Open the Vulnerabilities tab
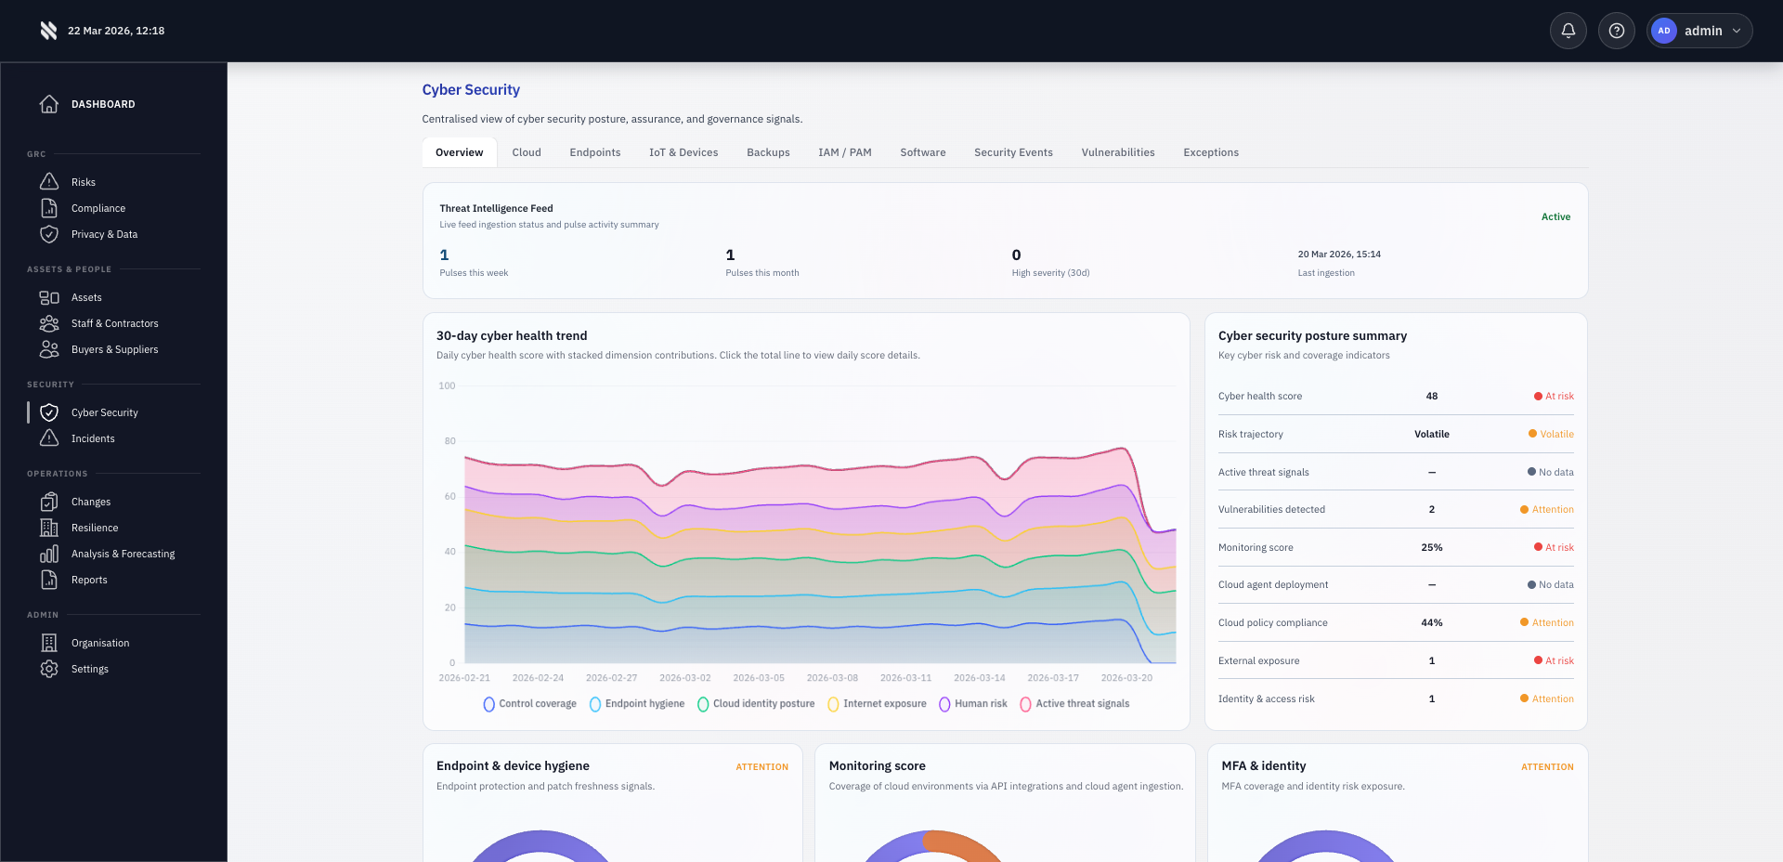click(1117, 152)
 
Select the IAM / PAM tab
click(844, 152)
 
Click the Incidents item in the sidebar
click(93, 438)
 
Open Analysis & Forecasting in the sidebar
click(123, 554)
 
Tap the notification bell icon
click(1568, 31)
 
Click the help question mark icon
click(1616, 31)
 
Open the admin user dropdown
click(1699, 31)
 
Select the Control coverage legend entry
click(530, 704)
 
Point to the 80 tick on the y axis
click(449, 441)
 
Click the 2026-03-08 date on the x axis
click(832, 678)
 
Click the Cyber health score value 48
click(1431, 396)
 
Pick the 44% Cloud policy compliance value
click(1431, 622)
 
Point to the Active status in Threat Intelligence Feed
click(1555, 216)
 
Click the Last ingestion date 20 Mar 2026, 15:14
click(1338, 254)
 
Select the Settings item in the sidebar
click(89, 669)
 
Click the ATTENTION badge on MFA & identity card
click(1546, 767)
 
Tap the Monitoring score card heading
click(877, 765)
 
